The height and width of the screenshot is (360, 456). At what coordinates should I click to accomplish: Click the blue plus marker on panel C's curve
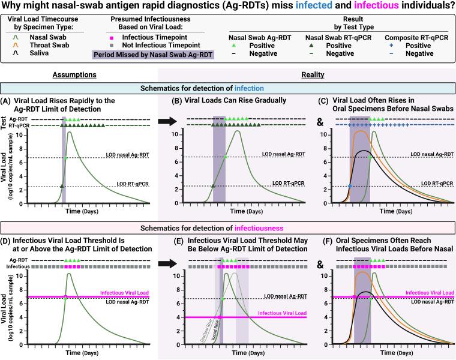pyautogui.click(x=350, y=187)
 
